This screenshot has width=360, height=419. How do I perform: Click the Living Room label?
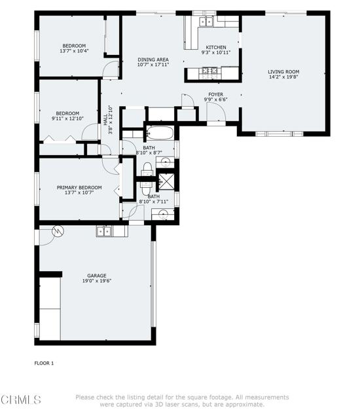click(283, 71)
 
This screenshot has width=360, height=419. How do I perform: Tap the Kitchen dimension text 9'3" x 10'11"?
click(216, 52)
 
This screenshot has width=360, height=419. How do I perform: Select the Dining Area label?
click(153, 60)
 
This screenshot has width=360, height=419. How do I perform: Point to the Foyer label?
click(215, 94)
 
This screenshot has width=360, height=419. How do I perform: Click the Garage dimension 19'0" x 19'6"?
click(97, 281)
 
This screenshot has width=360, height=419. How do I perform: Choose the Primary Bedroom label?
click(79, 188)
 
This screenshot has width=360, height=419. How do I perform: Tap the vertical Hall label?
click(105, 119)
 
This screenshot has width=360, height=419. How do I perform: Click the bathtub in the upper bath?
click(160, 133)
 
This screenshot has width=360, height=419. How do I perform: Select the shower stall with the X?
click(166, 182)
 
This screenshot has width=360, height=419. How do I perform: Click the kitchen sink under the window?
click(206, 22)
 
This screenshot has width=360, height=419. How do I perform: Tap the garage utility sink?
click(104, 231)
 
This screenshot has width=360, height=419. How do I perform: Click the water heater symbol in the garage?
click(58, 231)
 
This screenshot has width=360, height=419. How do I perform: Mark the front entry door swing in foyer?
click(216, 112)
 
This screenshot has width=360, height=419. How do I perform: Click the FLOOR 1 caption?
click(44, 363)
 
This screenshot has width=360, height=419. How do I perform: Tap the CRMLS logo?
click(20, 400)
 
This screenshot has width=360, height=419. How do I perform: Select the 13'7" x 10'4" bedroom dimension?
click(74, 50)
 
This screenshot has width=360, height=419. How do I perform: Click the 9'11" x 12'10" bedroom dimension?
click(67, 118)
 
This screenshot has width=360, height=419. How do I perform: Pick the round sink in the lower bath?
click(162, 213)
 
